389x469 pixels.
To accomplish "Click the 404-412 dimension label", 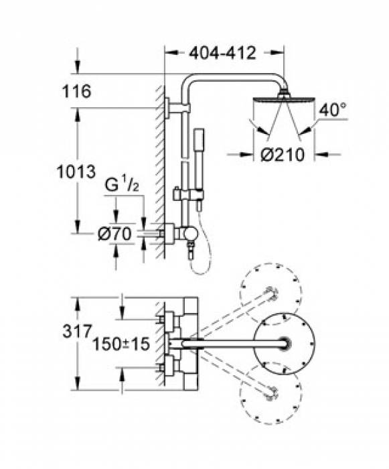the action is tap(223, 53).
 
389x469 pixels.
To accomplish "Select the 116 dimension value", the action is tap(76, 91).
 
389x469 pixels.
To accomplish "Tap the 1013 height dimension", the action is tap(76, 172).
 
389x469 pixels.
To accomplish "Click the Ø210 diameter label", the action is tap(283, 155).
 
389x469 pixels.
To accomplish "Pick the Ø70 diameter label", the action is tap(114, 234).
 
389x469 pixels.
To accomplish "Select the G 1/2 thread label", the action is tap(122, 186).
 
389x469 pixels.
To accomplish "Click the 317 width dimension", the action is tap(76, 332).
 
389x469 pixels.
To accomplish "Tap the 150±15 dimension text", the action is tap(121, 344).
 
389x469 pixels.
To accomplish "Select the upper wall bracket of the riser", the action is tap(176, 108).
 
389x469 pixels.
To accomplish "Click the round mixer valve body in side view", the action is tap(190, 234).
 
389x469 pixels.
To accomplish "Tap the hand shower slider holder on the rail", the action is tap(188, 194).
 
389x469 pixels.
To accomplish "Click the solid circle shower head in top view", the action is tap(284, 343).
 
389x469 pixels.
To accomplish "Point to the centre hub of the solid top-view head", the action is tap(285, 343).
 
